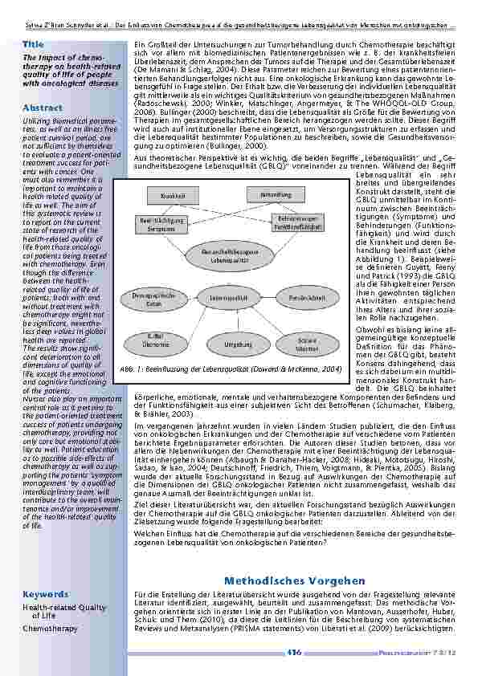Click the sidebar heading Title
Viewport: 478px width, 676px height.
(x=34, y=43)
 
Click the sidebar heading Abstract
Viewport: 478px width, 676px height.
(x=43, y=107)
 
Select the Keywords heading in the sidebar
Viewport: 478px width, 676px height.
(x=46, y=594)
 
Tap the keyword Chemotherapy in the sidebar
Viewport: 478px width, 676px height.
(x=50, y=629)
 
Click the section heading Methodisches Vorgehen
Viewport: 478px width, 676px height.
(x=295, y=580)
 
